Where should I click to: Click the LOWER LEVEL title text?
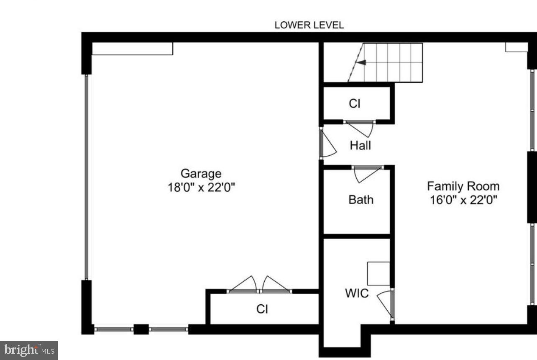pos(309,25)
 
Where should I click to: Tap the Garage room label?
pos(201,173)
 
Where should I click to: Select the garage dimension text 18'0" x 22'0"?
pos(201,187)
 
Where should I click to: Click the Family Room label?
pos(463,186)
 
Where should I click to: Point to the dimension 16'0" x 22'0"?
pos(463,200)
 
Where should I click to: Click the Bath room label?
pos(361,199)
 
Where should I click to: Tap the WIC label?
pos(357,293)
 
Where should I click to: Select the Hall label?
pos(360,146)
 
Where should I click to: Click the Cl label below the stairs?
pos(354,103)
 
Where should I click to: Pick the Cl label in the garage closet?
pos(262,309)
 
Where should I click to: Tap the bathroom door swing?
pos(367,174)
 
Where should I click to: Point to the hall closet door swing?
pos(360,128)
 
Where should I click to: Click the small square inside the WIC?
pos(378,274)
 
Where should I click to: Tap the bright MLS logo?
pos(28,350)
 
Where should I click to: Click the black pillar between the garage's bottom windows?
pos(141,329)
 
